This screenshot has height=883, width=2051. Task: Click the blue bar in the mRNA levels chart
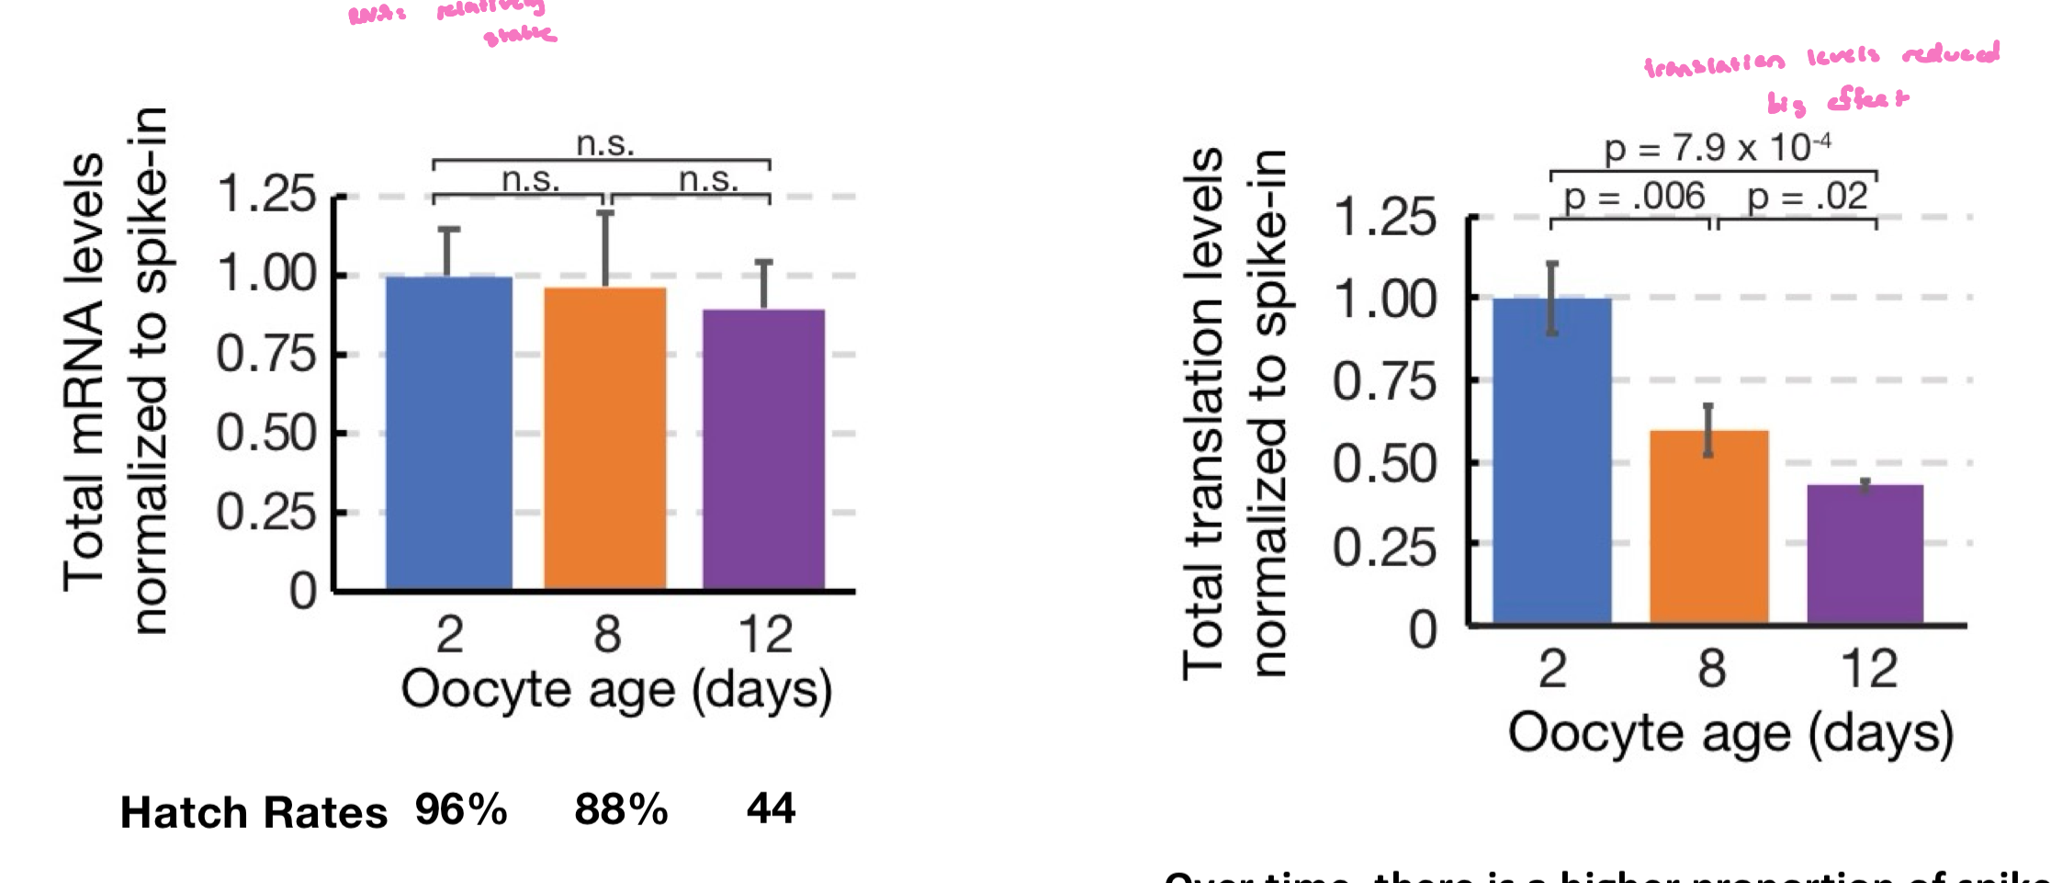click(x=448, y=432)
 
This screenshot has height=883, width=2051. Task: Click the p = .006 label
click(x=1633, y=197)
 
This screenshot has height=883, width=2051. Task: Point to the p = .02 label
click(x=1806, y=197)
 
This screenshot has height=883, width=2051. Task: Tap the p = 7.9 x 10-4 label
click(x=1716, y=147)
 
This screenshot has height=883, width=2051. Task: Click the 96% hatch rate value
click(x=460, y=809)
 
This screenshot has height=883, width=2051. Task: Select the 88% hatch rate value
click(x=621, y=809)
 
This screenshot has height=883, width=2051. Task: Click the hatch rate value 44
click(x=771, y=809)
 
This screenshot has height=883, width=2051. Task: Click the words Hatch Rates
click(x=254, y=812)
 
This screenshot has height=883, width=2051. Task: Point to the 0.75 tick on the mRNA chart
click(x=266, y=354)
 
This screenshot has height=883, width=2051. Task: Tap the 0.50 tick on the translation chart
click(x=1383, y=464)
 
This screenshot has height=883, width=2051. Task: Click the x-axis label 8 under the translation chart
click(x=1710, y=668)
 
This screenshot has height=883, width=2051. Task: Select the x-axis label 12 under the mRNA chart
click(x=764, y=634)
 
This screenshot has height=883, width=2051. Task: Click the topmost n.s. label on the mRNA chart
click(x=604, y=144)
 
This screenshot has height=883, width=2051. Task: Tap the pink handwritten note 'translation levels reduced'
click(x=1820, y=58)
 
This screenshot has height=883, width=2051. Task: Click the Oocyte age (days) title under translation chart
click(x=1730, y=734)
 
